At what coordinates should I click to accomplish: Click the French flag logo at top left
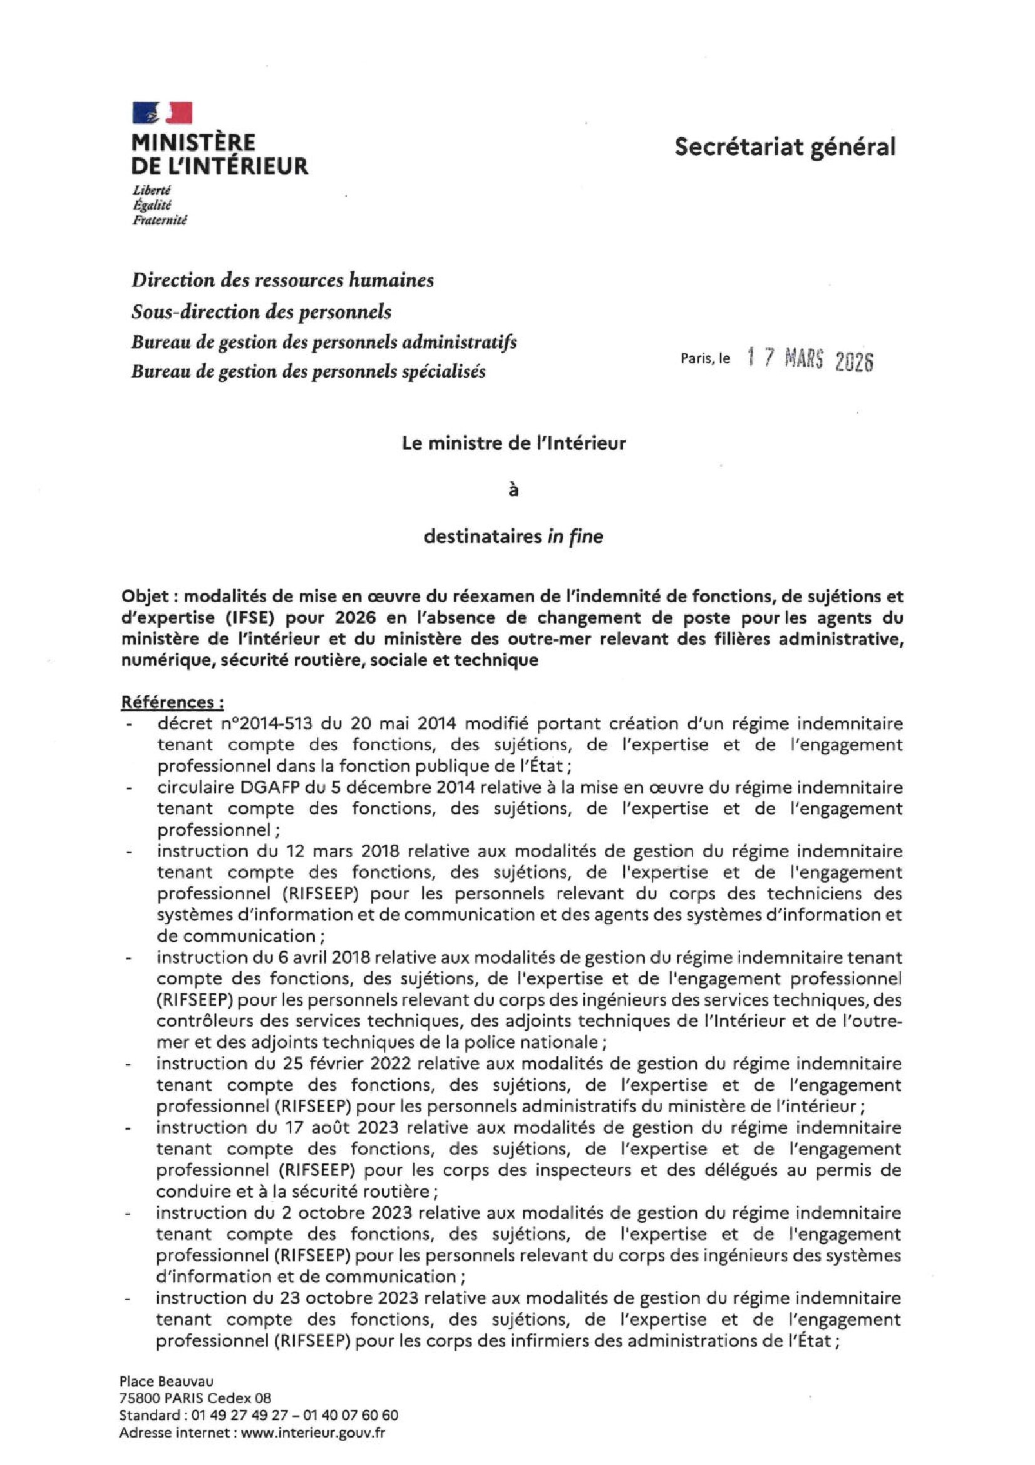coord(162,112)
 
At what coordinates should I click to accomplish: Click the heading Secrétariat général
coord(785,147)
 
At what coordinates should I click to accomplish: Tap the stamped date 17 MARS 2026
coord(809,360)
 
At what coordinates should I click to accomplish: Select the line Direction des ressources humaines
coord(282,280)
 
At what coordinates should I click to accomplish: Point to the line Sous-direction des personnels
coord(261,312)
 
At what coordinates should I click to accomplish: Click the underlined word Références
coord(172,702)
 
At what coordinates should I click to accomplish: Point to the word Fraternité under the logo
coord(160,220)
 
